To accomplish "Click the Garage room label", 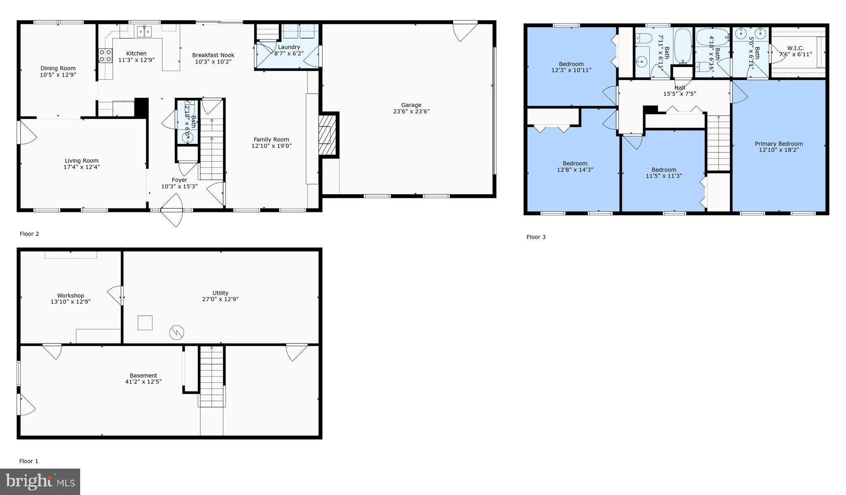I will (x=411, y=105).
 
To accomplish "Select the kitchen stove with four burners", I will (x=105, y=56).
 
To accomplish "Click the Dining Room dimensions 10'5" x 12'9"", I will (x=58, y=75).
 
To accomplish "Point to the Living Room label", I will (x=82, y=161).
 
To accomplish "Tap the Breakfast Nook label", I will (x=213, y=55).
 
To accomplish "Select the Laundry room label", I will (x=289, y=47).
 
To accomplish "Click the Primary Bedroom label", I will (x=779, y=144).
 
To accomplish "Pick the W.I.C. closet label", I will (x=795, y=48).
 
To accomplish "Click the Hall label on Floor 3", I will (x=680, y=88).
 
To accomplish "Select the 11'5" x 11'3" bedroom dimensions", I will (x=664, y=176).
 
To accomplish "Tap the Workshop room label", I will (x=71, y=295).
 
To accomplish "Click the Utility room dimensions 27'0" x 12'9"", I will (x=220, y=300).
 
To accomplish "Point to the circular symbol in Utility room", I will (x=176, y=332).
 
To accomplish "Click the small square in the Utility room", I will (x=145, y=323).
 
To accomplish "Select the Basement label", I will (x=143, y=376).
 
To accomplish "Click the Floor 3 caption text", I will (x=536, y=237).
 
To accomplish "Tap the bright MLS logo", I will (x=40, y=482).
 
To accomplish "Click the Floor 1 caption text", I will (x=29, y=461).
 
